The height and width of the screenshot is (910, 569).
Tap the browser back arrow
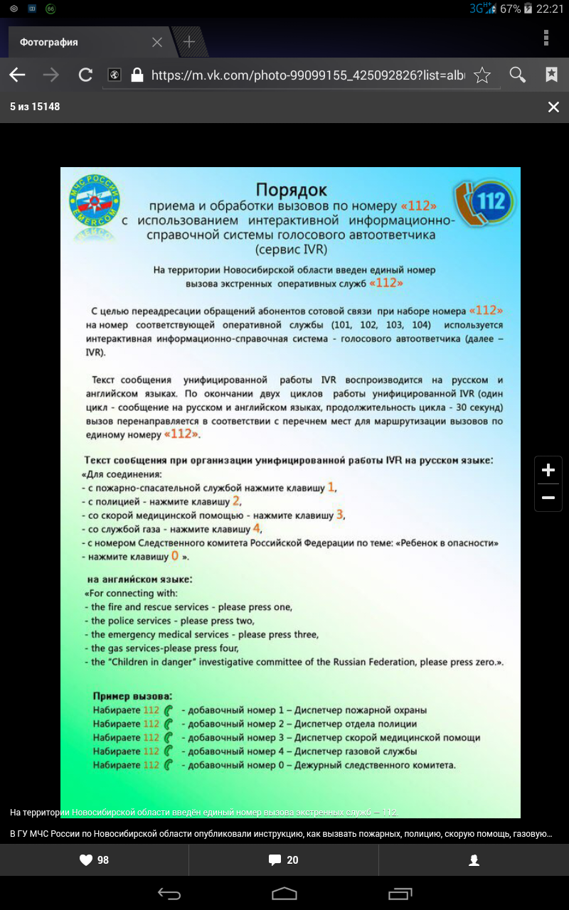(x=17, y=75)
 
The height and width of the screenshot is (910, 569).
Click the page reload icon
(x=85, y=75)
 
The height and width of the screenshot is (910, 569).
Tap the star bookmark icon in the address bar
(x=482, y=75)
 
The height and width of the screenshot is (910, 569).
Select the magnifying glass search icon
(x=518, y=75)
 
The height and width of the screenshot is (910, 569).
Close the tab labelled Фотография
(x=157, y=42)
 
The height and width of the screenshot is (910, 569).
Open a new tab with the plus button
(x=189, y=42)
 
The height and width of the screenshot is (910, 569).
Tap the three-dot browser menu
(x=546, y=38)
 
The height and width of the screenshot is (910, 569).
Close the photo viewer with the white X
(x=553, y=107)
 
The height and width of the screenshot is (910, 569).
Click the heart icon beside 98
(x=86, y=860)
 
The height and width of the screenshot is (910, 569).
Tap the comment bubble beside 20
(x=275, y=860)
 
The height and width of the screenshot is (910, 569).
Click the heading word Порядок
(x=292, y=190)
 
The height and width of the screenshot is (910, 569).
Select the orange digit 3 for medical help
(x=340, y=514)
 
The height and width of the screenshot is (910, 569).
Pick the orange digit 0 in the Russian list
(x=174, y=555)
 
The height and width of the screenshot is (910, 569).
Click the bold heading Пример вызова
(x=132, y=695)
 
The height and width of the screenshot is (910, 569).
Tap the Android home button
(x=284, y=893)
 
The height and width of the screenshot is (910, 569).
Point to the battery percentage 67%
(x=510, y=9)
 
